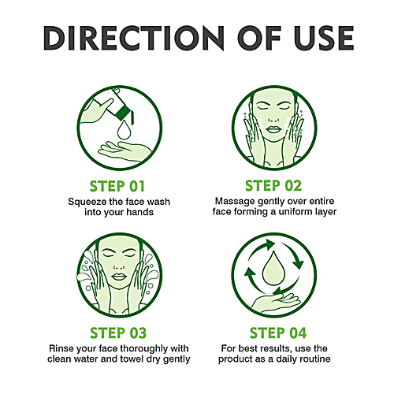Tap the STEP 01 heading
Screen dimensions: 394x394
coord(119,186)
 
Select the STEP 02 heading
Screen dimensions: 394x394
coord(275,186)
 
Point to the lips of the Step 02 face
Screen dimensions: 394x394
coord(275,149)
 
